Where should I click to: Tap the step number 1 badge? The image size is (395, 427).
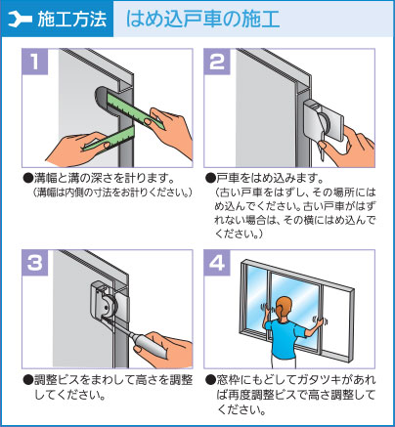tap(35, 63)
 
